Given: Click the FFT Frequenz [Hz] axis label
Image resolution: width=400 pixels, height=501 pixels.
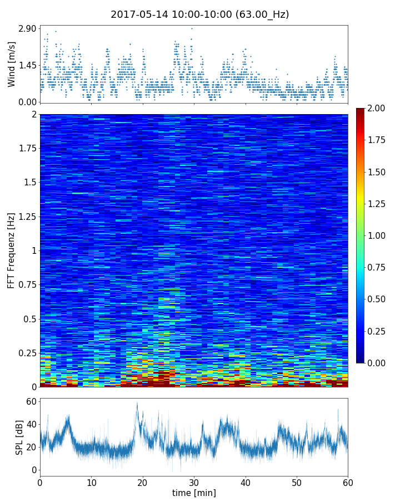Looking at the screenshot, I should [x=12, y=250].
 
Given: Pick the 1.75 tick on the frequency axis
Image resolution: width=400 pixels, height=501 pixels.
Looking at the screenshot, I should [x=27, y=148].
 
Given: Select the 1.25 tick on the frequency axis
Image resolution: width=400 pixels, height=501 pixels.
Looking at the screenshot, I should [x=27, y=217].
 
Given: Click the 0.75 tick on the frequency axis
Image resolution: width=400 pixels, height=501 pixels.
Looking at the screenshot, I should [x=27, y=284].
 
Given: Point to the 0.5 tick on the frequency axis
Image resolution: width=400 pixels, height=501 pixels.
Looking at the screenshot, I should [x=29, y=319].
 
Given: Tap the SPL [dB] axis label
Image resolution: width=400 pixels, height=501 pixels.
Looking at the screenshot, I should [x=19, y=437].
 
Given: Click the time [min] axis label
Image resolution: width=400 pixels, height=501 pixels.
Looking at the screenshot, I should [x=194, y=493].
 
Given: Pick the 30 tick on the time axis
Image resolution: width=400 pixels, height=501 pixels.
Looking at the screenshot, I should [x=194, y=482].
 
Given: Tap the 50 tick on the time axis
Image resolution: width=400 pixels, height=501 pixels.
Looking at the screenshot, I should [x=297, y=482].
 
